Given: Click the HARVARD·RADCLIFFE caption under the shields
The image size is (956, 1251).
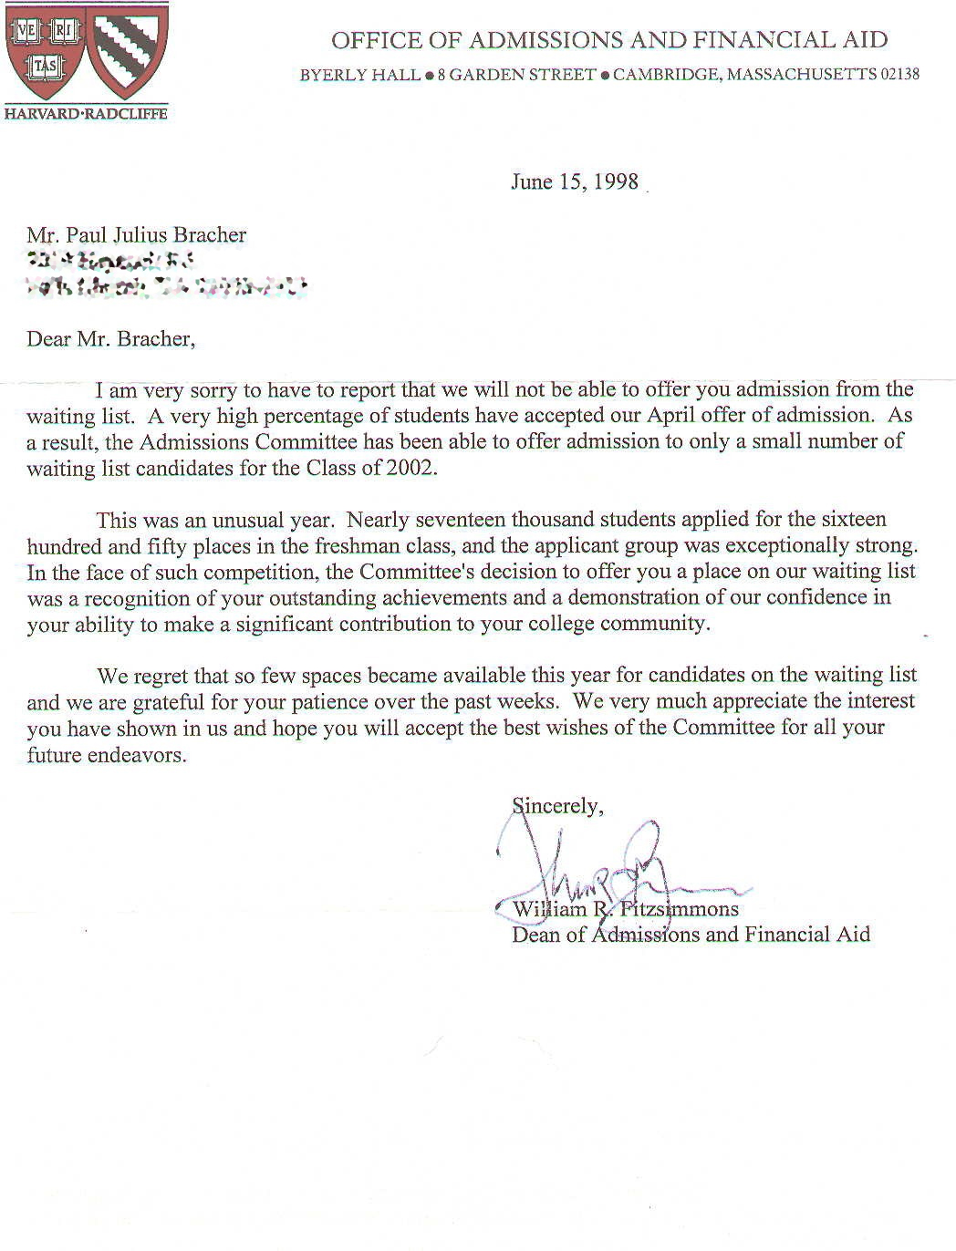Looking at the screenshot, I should pyautogui.click(x=86, y=114).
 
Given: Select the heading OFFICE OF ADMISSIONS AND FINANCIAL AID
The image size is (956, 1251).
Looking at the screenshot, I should pyautogui.click(x=608, y=40).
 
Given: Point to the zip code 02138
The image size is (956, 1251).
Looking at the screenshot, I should pyautogui.click(x=899, y=75).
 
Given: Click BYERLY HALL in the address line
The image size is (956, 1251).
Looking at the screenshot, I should pyautogui.click(x=359, y=75).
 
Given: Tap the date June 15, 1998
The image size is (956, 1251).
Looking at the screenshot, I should pyautogui.click(x=575, y=181).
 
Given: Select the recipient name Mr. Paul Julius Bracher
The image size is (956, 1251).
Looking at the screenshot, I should pyautogui.click(x=137, y=235).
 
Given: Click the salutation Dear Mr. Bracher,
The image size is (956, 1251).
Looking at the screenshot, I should pyautogui.click(x=110, y=339).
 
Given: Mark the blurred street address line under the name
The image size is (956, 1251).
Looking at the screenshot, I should pyautogui.click(x=110, y=262).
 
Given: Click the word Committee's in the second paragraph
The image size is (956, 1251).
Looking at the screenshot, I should pyautogui.click(x=413, y=572).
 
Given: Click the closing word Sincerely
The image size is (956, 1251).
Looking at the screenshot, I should pyautogui.click(x=556, y=806).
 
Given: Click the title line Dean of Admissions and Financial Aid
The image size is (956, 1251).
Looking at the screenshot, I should pyautogui.click(x=691, y=935).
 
